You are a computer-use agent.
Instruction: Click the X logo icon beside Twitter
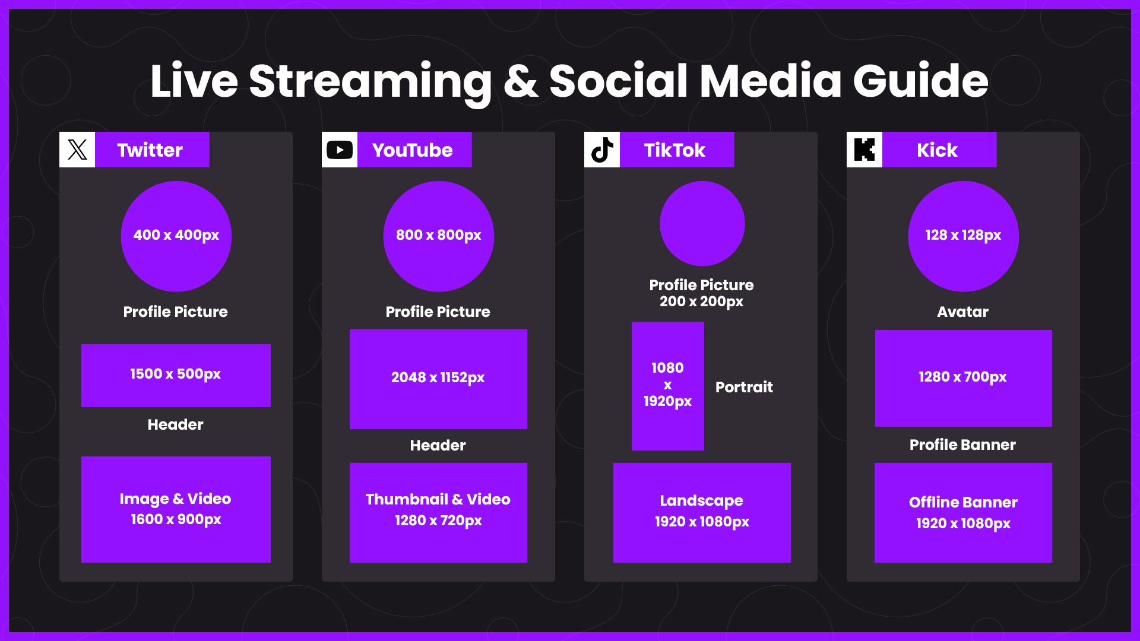pos(77,150)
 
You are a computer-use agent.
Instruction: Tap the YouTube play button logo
pos(340,150)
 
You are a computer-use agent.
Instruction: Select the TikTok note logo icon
pos(602,150)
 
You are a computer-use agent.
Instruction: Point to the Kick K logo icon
pos(864,150)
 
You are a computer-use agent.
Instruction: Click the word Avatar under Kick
pos(962,312)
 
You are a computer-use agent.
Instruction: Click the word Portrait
pos(744,387)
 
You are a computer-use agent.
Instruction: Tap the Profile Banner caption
pos(962,445)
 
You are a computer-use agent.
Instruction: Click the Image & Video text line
pos(175,499)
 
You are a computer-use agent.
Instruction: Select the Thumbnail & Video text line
pos(438,499)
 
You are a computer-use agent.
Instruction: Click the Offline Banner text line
pos(963,502)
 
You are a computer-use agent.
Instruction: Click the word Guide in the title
pos(921,82)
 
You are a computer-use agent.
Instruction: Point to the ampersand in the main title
pos(521,81)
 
